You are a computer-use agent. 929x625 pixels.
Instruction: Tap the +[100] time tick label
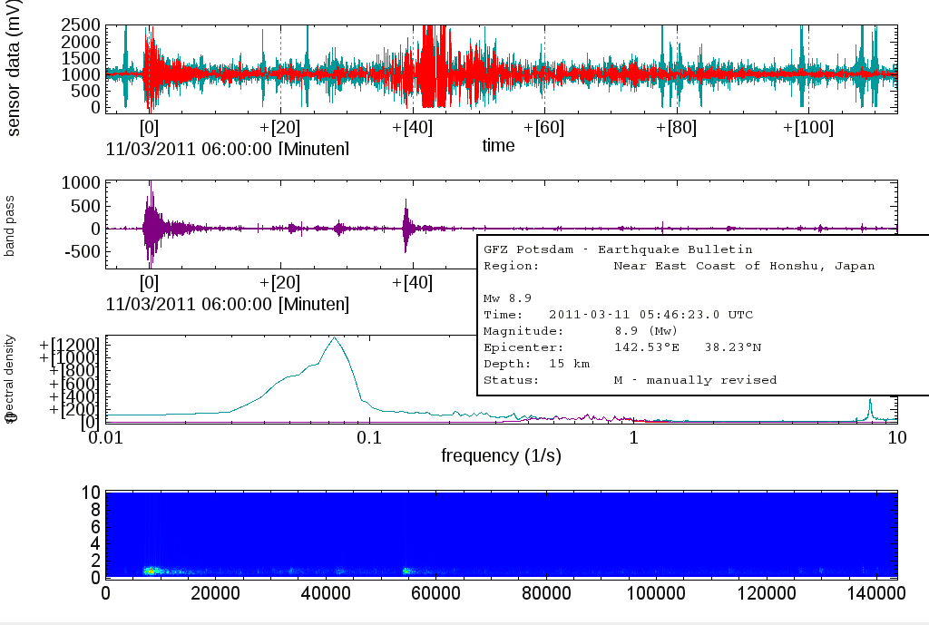pos(807,127)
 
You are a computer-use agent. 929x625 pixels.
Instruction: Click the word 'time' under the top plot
pos(498,145)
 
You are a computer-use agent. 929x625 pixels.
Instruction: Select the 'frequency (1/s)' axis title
pos(501,454)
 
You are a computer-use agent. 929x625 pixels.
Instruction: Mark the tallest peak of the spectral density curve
pos(335,337)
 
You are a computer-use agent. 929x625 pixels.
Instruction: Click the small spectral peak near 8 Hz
pos(870,400)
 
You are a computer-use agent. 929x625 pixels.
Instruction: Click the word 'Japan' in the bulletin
pos(855,266)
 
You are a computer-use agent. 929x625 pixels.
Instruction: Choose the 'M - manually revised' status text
pos(695,380)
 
